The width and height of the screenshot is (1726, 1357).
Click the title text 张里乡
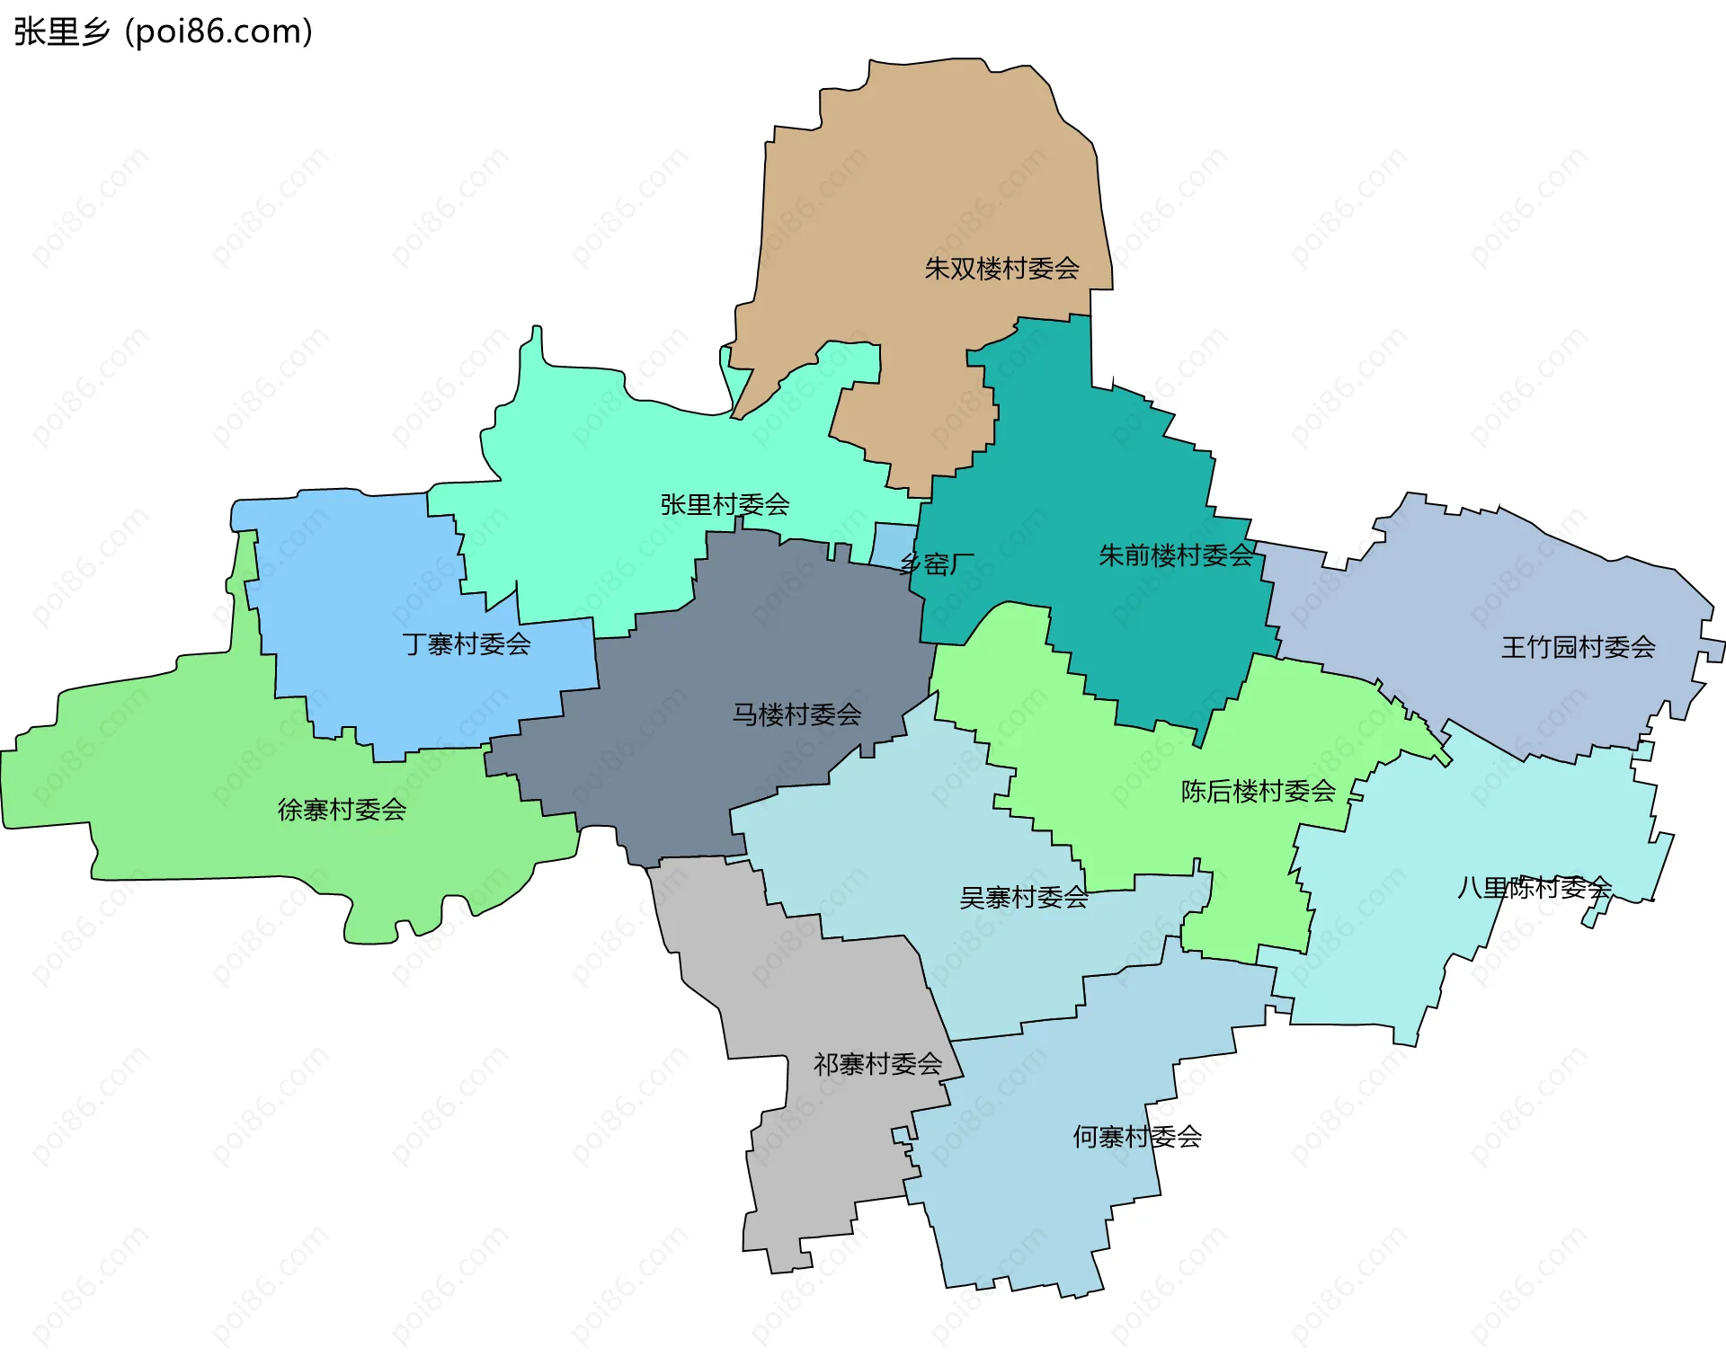(x=61, y=31)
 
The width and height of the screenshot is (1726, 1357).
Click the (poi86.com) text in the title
(x=218, y=31)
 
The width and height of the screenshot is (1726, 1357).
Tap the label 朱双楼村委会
(x=1001, y=268)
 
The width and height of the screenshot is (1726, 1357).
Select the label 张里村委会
(x=725, y=504)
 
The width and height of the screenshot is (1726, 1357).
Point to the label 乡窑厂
(x=937, y=564)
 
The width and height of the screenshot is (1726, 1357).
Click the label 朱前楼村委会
(x=1176, y=555)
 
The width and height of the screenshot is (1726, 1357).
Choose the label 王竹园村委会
(x=1578, y=647)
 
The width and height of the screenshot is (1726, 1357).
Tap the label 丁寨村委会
(x=467, y=643)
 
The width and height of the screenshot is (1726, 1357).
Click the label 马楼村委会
(x=796, y=714)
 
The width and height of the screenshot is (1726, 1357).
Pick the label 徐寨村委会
(x=342, y=810)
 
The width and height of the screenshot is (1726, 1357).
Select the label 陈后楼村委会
(x=1258, y=791)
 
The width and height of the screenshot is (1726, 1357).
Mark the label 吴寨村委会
(x=1023, y=897)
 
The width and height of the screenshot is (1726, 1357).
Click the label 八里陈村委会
(x=1534, y=888)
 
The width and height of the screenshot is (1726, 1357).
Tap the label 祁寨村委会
(x=877, y=1064)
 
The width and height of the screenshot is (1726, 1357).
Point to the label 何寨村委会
(x=1136, y=1137)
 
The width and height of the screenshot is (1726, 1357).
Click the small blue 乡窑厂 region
(x=891, y=543)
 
